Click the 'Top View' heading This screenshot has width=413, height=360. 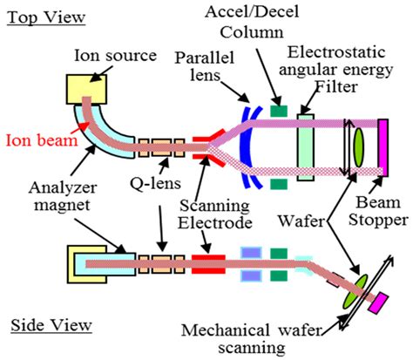pos(46,17)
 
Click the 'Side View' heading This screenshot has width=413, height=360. pos(51,325)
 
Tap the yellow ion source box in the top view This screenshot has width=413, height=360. pos(86,89)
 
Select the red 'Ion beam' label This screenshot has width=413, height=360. pos(42,140)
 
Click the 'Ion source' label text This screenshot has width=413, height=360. pos(115,55)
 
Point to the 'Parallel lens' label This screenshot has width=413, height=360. pos(205,66)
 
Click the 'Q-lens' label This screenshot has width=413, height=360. pos(155,183)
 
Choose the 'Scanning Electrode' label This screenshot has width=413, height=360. pos(215,214)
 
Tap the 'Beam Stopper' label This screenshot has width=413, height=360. pos(378,211)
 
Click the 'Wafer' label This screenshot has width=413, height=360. pos(301,221)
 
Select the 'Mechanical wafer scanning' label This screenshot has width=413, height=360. pos(252,339)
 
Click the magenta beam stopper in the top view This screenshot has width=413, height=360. pos(383,147)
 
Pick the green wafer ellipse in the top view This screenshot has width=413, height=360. pos(358,147)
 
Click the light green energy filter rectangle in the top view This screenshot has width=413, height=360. pos(306,147)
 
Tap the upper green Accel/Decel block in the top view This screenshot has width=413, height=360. pos(279,111)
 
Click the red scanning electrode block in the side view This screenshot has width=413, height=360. pos(208,264)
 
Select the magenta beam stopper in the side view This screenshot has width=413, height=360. pos(378,303)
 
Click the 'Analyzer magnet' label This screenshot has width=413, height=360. pos(62,196)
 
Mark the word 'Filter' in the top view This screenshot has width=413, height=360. pos(336,86)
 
